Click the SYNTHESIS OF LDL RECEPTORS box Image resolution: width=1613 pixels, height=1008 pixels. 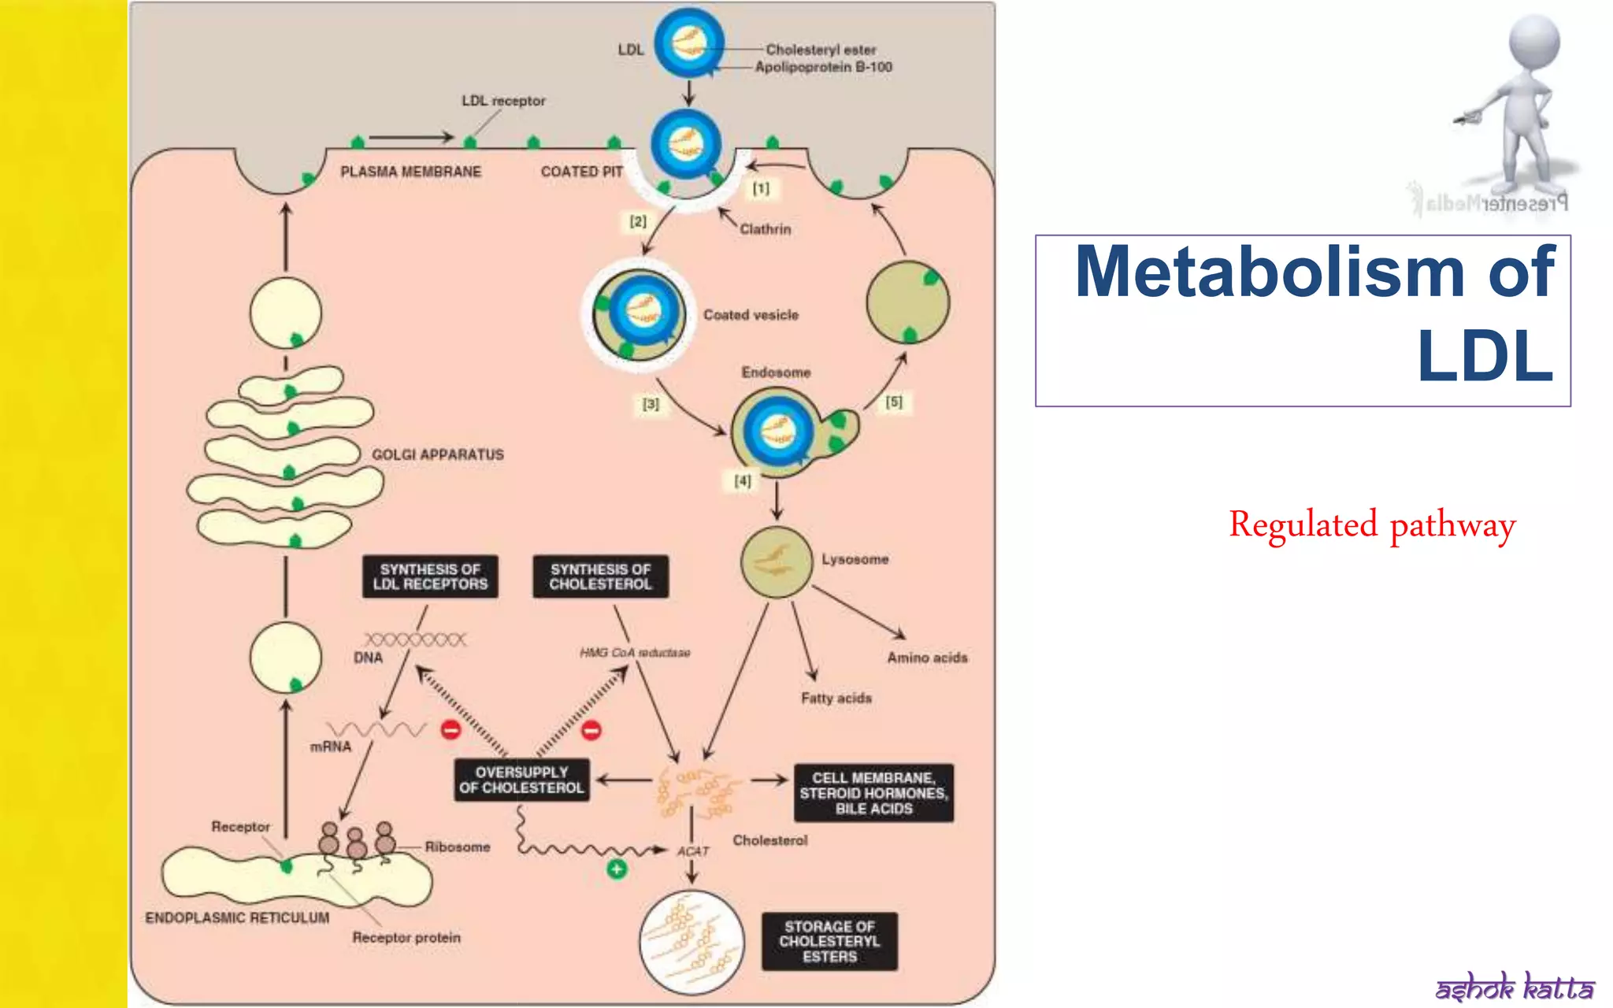pyautogui.click(x=430, y=576)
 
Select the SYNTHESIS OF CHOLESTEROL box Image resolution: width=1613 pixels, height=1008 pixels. pyautogui.click(x=600, y=576)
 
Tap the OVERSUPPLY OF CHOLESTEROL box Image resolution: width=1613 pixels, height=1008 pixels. pyautogui.click(x=521, y=780)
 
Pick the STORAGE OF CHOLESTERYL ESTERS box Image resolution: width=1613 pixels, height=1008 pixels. pyautogui.click(x=829, y=941)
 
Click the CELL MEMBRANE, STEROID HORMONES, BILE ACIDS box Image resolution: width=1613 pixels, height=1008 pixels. pyautogui.click(x=873, y=793)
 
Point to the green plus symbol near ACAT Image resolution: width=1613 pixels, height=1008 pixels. pyautogui.click(x=617, y=869)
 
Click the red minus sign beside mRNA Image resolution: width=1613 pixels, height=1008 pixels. pyautogui.click(x=451, y=730)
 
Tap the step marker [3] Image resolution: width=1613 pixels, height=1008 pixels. pyautogui.click(x=651, y=404)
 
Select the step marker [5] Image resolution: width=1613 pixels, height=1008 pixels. pyautogui.click(x=894, y=402)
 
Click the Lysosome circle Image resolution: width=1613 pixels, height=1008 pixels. pyautogui.click(x=776, y=561)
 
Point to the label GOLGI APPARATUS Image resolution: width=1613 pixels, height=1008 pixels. pyautogui.click(x=437, y=454)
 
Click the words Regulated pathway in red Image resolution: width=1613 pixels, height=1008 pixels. pyautogui.click(x=1372, y=525)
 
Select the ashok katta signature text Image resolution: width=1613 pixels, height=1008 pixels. pyautogui.click(x=1514, y=986)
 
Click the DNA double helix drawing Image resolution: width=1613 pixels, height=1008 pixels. pyautogui.click(x=415, y=639)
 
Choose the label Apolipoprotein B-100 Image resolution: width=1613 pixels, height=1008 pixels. pyautogui.click(x=823, y=68)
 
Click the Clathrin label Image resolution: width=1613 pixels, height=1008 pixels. pyautogui.click(x=765, y=229)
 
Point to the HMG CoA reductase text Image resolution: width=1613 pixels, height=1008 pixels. pyautogui.click(x=635, y=653)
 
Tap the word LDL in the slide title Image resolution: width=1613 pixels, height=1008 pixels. pyautogui.click(x=1485, y=357)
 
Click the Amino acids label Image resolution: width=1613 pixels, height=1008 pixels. pyautogui.click(x=927, y=658)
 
